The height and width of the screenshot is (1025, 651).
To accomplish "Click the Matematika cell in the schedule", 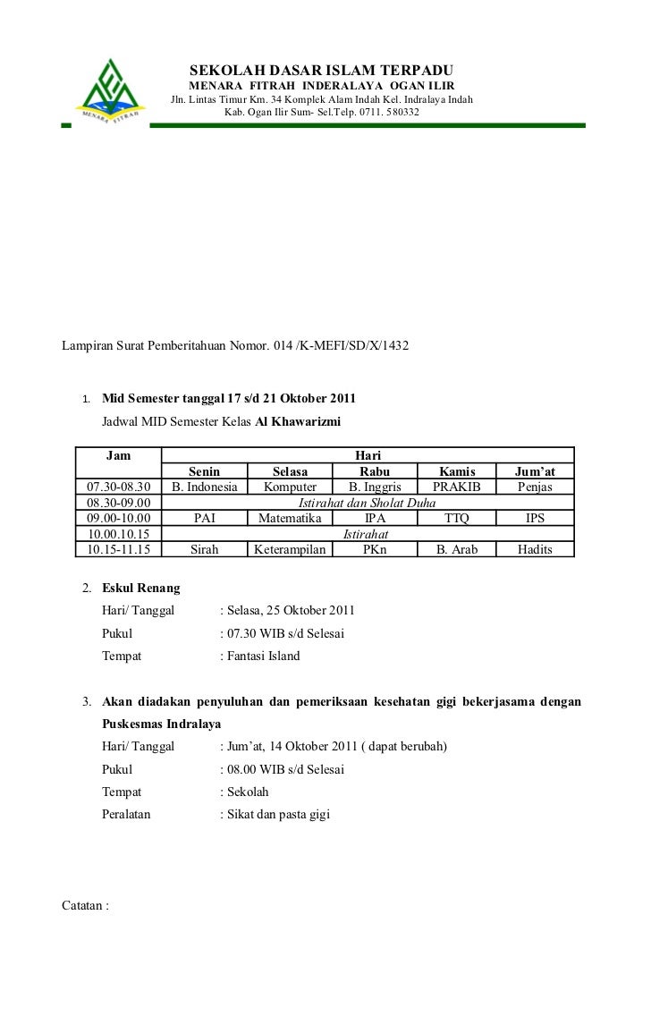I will click(289, 518).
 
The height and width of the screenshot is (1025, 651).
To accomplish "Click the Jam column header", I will click(119, 456).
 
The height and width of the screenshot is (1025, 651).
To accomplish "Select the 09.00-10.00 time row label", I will click(119, 518).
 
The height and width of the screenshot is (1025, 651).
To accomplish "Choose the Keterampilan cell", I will click(289, 549).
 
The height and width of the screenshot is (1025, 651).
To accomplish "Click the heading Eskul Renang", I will click(141, 589).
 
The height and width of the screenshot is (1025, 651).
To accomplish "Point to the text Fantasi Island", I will click(265, 656).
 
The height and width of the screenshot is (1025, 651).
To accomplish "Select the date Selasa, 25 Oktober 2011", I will click(292, 611).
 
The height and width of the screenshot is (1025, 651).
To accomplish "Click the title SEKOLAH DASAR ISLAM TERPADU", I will click(322, 71).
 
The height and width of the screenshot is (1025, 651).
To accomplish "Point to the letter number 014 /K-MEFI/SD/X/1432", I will click(339, 343).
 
